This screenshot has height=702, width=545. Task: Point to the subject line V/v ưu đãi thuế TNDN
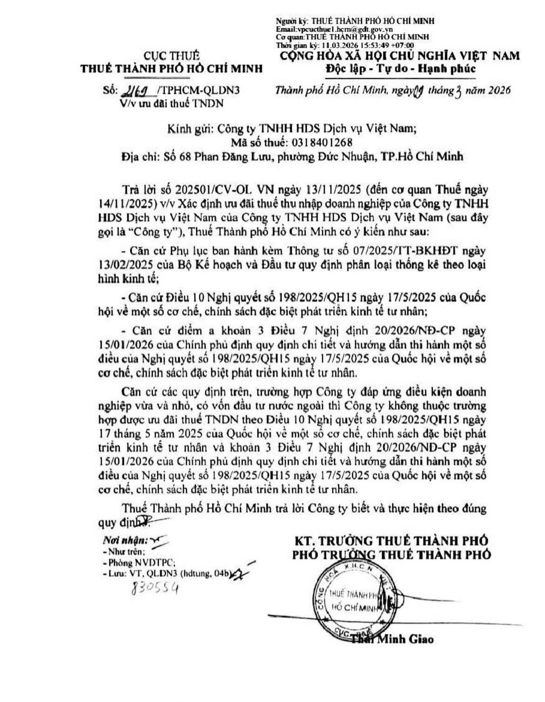pyautogui.click(x=171, y=103)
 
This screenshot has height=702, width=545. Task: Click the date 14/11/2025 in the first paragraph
pyautogui.click(x=143, y=204)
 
